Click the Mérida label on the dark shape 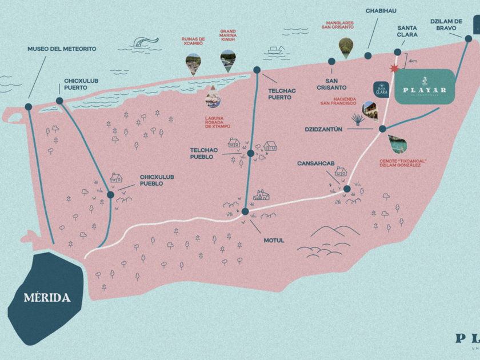tap(47, 298)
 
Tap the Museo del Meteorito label tap(62, 49)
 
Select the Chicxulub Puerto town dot tap(59, 101)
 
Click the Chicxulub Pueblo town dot tap(110, 194)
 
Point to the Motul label tap(274, 241)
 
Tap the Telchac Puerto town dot tap(257, 70)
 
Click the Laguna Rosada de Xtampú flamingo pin tap(212, 97)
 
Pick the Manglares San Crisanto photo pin tap(346, 47)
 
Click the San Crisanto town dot tap(331, 61)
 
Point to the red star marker tap(393, 69)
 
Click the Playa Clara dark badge tap(381, 89)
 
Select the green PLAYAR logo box tap(425, 86)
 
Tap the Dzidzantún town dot tap(382, 129)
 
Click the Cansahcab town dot tap(347, 189)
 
